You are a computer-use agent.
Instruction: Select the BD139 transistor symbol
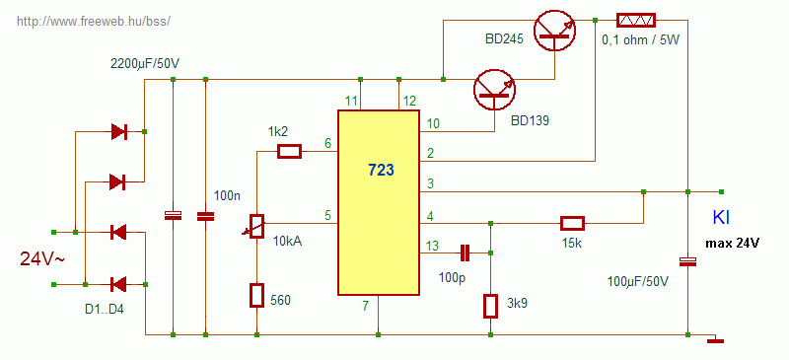pyautogui.click(x=495, y=89)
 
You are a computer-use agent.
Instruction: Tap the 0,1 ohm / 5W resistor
pyautogui.click(x=636, y=20)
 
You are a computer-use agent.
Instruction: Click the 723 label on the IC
pyautogui.click(x=381, y=171)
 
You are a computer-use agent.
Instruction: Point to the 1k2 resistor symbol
pyautogui.click(x=289, y=152)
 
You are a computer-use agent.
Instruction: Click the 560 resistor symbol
pyautogui.click(x=257, y=296)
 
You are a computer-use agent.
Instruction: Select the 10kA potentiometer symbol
pyautogui.click(x=256, y=226)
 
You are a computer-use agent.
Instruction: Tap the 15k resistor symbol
pyautogui.click(x=573, y=223)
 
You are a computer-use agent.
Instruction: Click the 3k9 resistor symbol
pyautogui.click(x=490, y=306)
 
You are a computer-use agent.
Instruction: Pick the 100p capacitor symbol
pyautogui.click(x=465, y=253)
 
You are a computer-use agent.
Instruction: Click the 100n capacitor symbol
pyautogui.click(x=205, y=216)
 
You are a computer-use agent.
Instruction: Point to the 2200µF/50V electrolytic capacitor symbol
pyautogui.click(x=174, y=215)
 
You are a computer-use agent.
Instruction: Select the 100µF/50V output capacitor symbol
pyautogui.click(x=687, y=261)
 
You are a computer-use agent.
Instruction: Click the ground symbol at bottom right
pyautogui.click(x=715, y=341)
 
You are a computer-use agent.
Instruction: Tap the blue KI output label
pyautogui.click(x=721, y=218)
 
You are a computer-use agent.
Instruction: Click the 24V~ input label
pyautogui.click(x=42, y=258)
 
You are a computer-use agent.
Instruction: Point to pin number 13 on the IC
pyautogui.click(x=432, y=247)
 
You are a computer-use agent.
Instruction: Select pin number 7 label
pyautogui.click(x=366, y=305)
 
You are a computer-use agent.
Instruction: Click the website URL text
pyautogui.click(x=94, y=21)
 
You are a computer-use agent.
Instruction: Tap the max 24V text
pyautogui.click(x=733, y=244)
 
